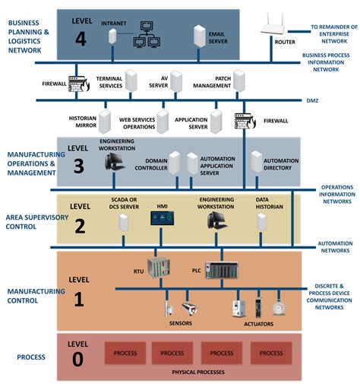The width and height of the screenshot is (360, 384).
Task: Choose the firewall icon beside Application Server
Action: point(244,121)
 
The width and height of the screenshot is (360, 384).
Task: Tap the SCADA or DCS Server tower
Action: point(122,222)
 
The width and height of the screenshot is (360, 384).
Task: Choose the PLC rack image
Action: point(221,268)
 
